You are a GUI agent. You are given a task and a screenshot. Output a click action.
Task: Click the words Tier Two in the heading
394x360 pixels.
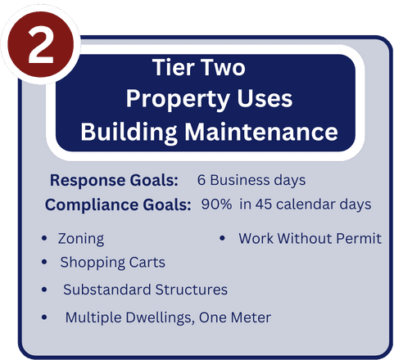[200, 67]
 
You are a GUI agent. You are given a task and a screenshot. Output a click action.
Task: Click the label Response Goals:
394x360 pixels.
[114, 180]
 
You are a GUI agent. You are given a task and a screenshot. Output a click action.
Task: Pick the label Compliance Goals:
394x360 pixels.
[118, 204]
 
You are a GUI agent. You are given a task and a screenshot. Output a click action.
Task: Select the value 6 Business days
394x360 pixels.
[251, 180]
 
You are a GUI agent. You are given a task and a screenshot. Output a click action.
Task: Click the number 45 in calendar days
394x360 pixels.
[265, 204]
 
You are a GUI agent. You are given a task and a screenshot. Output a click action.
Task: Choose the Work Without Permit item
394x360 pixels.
[310, 239]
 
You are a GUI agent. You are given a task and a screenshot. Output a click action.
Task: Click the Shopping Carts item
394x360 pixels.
[112, 263]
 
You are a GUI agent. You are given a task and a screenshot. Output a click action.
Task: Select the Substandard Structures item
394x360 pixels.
[145, 290]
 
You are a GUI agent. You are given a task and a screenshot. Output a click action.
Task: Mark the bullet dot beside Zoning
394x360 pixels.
[43, 239]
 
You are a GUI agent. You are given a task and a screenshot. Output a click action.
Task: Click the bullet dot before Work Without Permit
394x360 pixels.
[222, 239]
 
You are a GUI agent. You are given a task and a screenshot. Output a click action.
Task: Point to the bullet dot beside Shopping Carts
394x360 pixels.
[43, 263]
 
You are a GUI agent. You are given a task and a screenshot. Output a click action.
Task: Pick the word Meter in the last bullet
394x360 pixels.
[251, 317]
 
